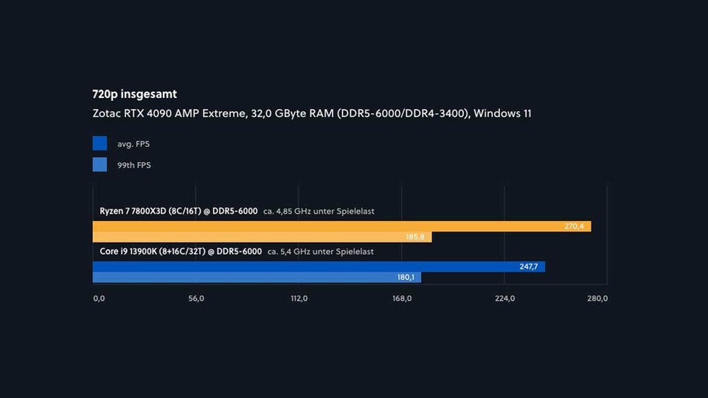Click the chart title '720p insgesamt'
coord(134,94)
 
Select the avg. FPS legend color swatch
coord(100,143)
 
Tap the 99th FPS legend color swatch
coord(100,164)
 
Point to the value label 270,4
coord(574,226)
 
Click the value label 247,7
coord(529,266)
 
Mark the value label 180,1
coord(406,277)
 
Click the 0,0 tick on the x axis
coord(99,298)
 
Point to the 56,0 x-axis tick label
coord(196,298)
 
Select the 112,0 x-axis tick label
coord(299,298)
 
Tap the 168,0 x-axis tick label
coord(401,298)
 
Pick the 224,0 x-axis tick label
coord(504,298)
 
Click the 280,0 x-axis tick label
coord(597,298)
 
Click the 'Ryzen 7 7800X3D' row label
coord(178,211)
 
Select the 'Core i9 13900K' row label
coord(181,251)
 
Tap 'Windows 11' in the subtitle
coord(502,114)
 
